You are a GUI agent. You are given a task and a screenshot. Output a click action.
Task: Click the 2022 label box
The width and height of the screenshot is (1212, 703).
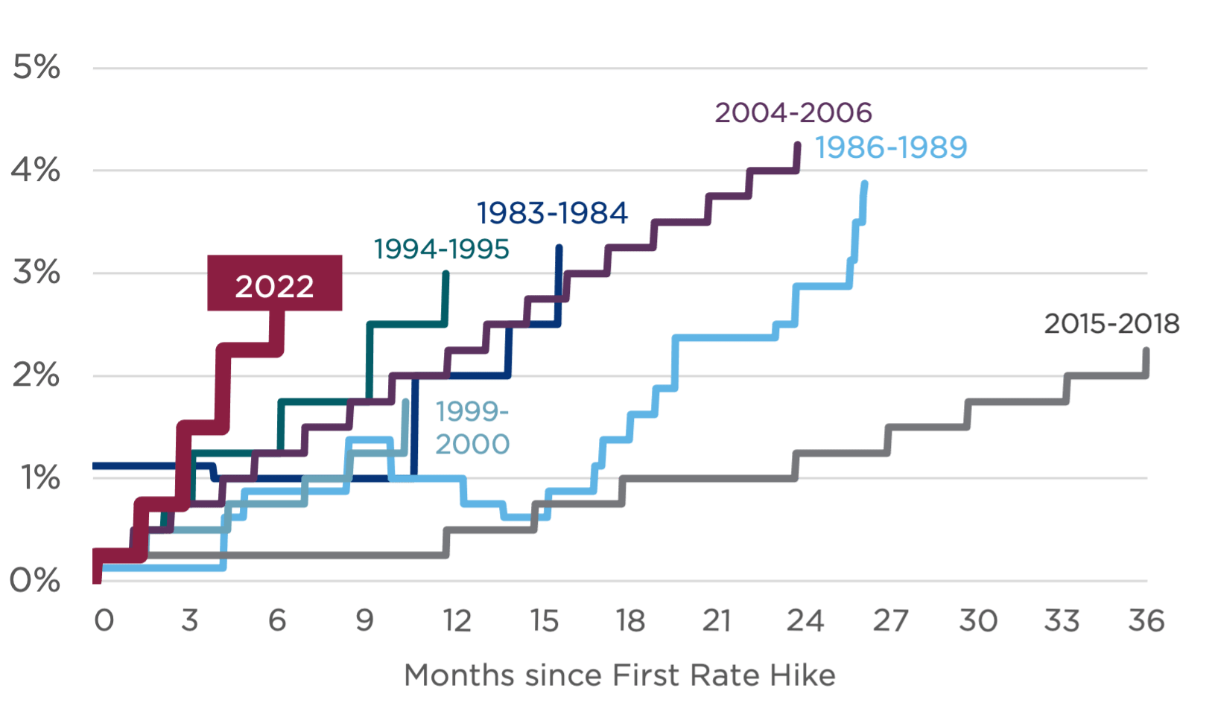point(275,284)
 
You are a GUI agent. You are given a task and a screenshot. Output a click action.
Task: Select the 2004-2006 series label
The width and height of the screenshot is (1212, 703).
point(793,113)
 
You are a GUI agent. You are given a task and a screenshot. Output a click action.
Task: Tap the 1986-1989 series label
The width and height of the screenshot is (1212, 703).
point(892,147)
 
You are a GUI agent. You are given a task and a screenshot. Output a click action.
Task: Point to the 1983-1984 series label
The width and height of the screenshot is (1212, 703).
point(553,213)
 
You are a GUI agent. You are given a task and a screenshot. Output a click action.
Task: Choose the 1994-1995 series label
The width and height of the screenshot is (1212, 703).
point(442,249)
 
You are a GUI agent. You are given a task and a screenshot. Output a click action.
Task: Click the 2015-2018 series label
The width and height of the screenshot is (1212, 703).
point(1111,324)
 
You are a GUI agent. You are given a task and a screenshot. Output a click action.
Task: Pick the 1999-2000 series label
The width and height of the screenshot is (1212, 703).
point(472,428)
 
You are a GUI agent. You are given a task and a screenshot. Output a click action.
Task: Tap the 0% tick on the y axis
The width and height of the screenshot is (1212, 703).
point(35,580)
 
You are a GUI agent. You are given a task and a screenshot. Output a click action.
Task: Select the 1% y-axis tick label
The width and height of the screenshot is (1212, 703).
point(41,477)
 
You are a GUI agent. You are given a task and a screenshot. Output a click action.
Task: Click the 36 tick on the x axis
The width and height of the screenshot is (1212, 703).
point(1146,620)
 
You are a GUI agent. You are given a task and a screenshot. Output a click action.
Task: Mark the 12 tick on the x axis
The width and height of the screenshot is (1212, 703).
point(457,620)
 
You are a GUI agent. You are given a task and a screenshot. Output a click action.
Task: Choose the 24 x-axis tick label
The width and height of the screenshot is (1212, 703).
point(805,620)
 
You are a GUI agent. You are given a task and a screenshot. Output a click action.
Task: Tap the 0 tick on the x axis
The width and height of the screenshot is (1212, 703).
point(104,620)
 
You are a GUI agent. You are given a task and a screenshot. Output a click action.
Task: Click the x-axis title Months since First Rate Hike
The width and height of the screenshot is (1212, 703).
point(619,675)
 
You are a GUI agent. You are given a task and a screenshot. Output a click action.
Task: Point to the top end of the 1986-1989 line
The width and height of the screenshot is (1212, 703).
point(864,183)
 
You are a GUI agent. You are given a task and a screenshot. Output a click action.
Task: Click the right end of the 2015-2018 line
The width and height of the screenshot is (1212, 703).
point(1146,349)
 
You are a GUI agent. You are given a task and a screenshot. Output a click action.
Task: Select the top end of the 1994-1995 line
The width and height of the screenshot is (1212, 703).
point(446,273)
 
